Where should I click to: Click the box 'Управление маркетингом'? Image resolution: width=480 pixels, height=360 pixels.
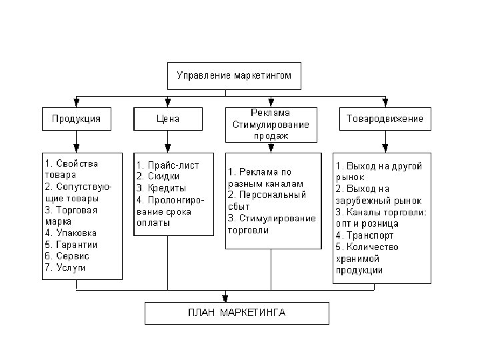[233, 75]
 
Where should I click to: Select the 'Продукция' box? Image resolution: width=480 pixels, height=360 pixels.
[76, 119]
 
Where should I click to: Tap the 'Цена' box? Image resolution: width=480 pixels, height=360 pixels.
[167, 119]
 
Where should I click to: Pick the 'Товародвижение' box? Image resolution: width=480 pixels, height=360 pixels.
[385, 119]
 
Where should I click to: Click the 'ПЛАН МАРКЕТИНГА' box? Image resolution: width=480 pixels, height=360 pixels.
[237, 312]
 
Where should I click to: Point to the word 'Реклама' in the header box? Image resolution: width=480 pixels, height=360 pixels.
[271, 113]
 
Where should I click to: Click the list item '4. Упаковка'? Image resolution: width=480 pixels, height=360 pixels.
[71, 233]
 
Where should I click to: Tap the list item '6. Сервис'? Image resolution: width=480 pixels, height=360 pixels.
[67, 256]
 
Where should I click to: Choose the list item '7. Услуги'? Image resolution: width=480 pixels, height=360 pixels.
[66, 267]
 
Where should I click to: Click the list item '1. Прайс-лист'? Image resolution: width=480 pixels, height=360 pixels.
[167, 165]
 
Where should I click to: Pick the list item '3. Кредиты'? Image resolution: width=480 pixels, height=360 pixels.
[162, 188]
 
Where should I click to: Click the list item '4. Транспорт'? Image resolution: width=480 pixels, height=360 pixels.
[365, 235]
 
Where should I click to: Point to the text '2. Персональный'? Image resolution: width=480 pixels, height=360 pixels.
[267, 195]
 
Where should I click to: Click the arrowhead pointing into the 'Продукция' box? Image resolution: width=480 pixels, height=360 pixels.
[77, 103]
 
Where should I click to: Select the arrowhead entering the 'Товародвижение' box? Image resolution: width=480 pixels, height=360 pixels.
[385, 103]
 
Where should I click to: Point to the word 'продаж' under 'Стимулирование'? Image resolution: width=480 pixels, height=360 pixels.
[270, 135]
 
